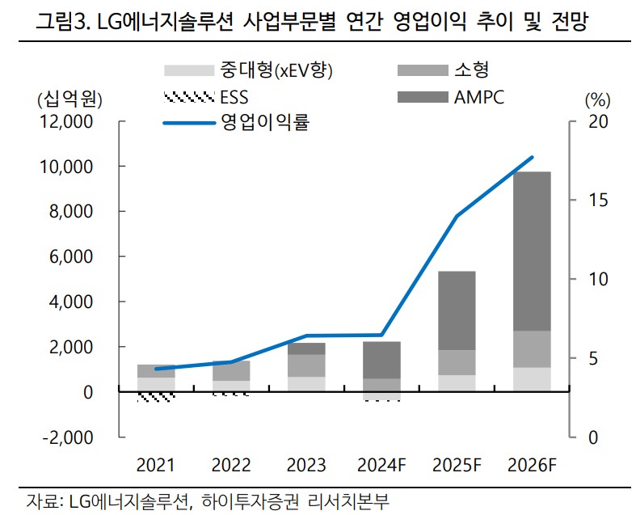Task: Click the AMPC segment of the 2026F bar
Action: pyautogui.click(x=532, y=251)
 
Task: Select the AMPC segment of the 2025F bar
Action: pyautogui.click(x=457, y=310)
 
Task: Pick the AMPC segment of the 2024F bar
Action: pyautogui.click(x=381, y=360)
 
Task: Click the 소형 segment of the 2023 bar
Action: pyautogui.click(x=305, y=365)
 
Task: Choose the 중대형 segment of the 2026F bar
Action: pyautogui.click(x=532, y=379)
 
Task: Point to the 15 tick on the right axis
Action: pyautogui.click(x=592, y=201)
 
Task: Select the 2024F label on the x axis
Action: pyautogui.click(x=381, y=466)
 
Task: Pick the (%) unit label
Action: pyautogui.click(x=596, y=99)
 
